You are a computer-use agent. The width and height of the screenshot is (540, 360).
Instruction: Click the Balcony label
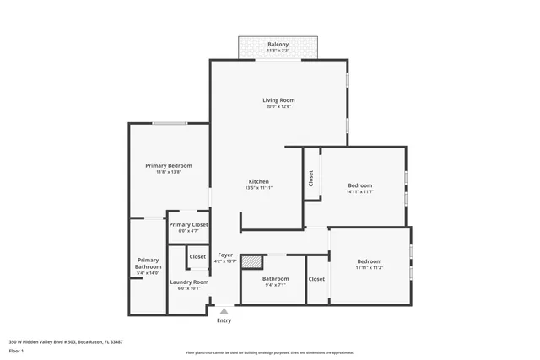[278, 45]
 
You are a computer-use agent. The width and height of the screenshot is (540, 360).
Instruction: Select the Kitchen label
[258, 182]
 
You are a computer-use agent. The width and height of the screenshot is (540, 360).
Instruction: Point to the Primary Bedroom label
[168, 166]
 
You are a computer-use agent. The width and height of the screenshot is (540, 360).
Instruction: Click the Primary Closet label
[188, 225]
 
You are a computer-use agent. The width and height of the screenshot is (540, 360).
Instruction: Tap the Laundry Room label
[188, 282]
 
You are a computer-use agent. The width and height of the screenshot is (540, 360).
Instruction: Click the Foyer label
[225, 255]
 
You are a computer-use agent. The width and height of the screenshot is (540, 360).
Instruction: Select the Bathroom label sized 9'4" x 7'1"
[275, 279]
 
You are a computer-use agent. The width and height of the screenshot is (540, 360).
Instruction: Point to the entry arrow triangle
[224, 311]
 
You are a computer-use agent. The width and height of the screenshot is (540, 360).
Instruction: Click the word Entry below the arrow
[224, 320]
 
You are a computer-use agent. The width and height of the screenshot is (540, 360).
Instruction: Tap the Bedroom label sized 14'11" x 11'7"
[359, 185]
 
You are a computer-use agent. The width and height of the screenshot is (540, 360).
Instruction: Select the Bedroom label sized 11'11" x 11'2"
[369, 261]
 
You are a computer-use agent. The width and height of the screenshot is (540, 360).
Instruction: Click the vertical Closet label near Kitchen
[311, 178]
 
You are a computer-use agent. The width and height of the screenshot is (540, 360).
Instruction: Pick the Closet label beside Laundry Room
[197, 256]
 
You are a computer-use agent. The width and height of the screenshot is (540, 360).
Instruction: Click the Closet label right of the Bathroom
[316, 279]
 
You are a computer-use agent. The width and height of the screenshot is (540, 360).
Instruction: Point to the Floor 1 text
[16, 349]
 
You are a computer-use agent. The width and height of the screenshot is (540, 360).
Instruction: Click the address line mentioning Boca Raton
[66, 341]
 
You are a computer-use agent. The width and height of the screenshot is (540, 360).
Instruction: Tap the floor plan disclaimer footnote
[269, 353]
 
